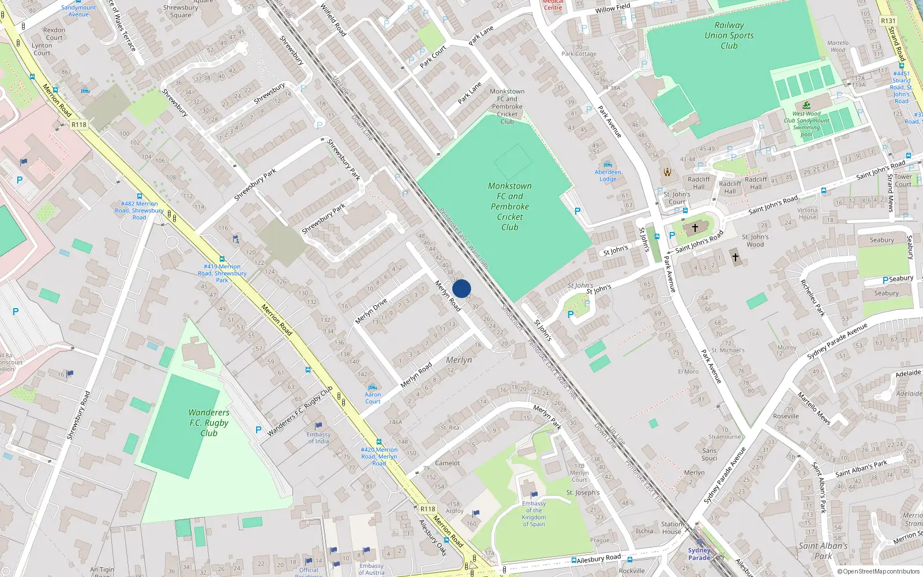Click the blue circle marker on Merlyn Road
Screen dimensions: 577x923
(461, 288)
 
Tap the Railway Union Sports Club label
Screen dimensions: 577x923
(729, 35)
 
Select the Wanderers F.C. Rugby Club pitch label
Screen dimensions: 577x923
(208, 422)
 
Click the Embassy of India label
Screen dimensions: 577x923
(318, 438)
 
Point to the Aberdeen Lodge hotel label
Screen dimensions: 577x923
(607, 175)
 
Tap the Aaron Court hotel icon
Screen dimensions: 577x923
(372, 387)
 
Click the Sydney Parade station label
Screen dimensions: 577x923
(699, 554)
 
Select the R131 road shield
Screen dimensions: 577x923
(888, 21)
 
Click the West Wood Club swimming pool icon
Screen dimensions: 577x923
(806, 105)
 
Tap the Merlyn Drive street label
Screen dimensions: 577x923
(371, 312)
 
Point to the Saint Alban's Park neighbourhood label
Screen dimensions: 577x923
(823, 550)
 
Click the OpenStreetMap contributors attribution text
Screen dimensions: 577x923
(879, 571)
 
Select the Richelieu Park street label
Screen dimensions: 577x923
(812, 298)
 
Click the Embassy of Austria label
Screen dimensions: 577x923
(371, 569)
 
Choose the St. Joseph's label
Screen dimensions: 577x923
(583, 493)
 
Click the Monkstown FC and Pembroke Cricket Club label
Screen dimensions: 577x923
(509, 207)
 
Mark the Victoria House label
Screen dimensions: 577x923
(808, 213)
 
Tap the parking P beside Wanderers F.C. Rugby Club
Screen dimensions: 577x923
(258, 430)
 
